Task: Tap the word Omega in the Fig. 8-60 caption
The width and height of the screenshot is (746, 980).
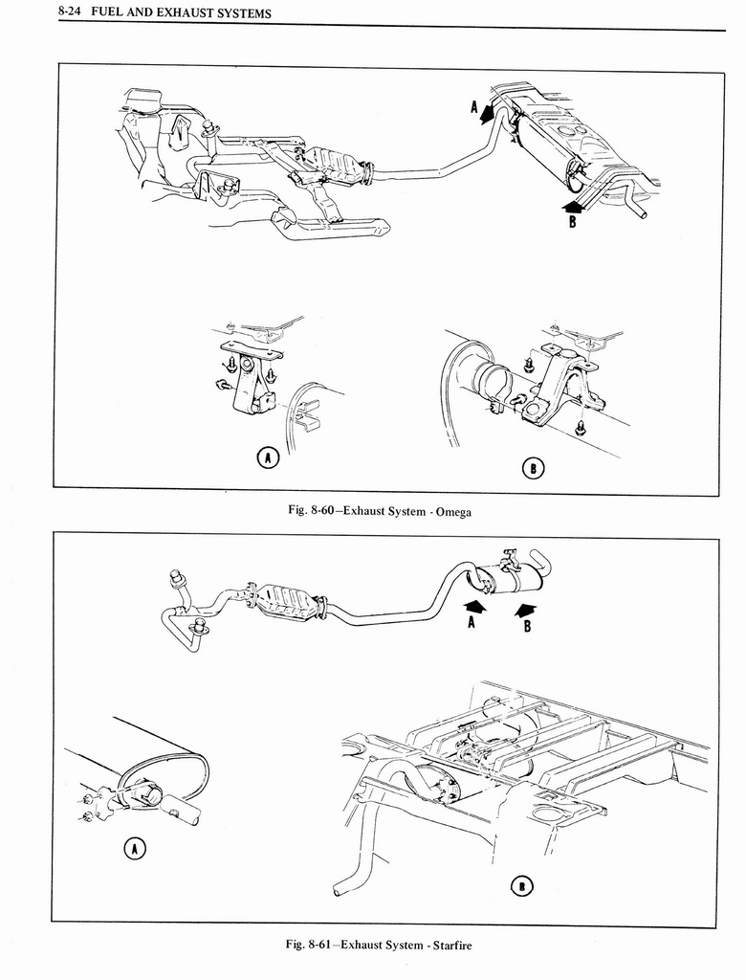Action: pyautogui.click(x=451, y=512)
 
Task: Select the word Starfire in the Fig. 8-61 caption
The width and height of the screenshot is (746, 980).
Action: pyautogui.click(x=450, y=946)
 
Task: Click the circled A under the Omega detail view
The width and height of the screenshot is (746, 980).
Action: pyautogui.click(x=271, y=458)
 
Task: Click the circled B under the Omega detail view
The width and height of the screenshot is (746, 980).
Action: pyautogui.click(x=533, y=467)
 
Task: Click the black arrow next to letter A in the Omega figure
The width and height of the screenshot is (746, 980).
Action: pyautogui.click(x=489, y=112)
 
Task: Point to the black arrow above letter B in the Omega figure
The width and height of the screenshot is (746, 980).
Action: pyautogui.click(x=571, y=204)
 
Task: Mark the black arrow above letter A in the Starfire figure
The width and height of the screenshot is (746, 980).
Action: pyautogui.click(x=474, y=606)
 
